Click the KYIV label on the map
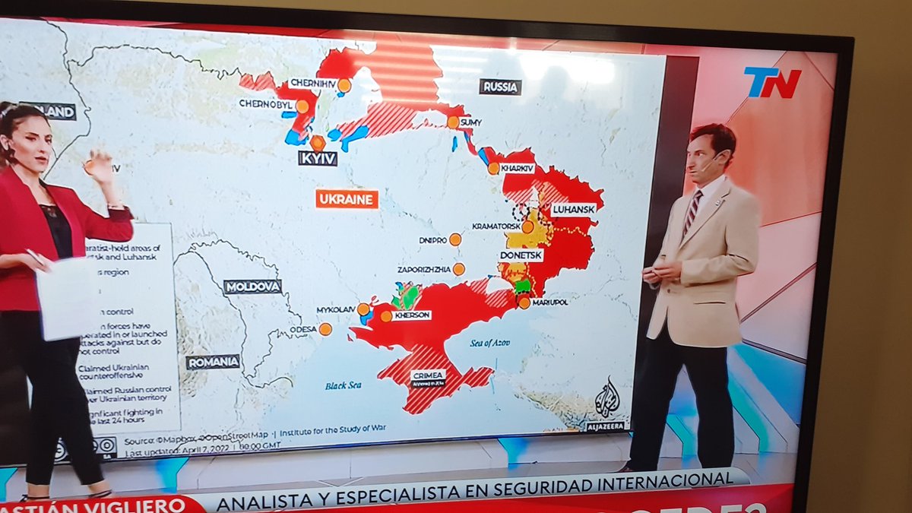(x=318, y=159)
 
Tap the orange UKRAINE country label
(x=347, y=199)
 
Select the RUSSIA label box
(x=500, y=87)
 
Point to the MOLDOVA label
(x=252, y=287)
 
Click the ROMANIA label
(x=213, y=362)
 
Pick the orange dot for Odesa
(x=325, y=329)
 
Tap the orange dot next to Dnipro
(x=455, y=239)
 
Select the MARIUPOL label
(x=550, y=302)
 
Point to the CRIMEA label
(x=429, y=374)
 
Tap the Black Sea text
(x=343, y=385)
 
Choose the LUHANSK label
(x=573, y=208)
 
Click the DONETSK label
(x=521, y=255)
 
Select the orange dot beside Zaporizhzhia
(x=459, y=269)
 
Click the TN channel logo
(x=771, y=82)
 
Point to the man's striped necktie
(x=692, y=212)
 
